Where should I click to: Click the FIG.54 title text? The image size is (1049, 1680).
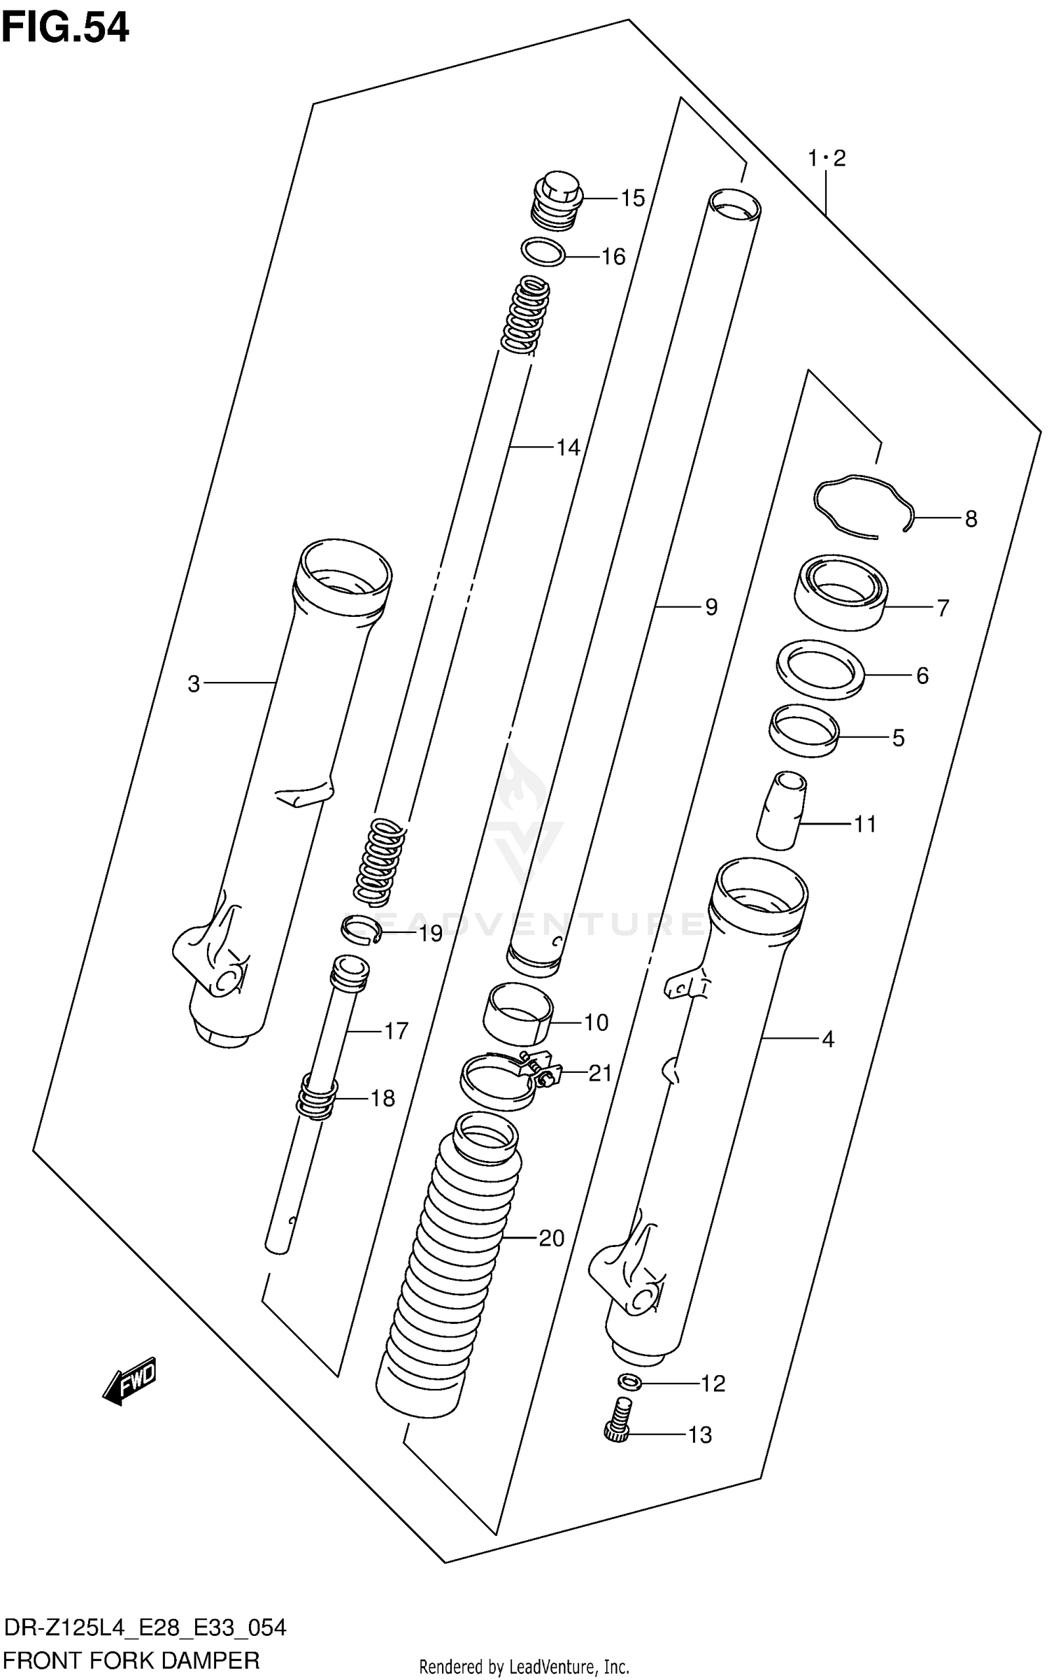65,28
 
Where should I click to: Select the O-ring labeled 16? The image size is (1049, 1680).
543,252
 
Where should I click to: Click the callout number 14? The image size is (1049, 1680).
568,447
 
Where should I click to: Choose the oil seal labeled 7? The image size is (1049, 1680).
842,592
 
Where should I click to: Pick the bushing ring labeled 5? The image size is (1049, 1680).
804,730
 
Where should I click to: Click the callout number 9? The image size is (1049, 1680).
711,607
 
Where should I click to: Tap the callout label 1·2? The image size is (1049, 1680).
827,159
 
